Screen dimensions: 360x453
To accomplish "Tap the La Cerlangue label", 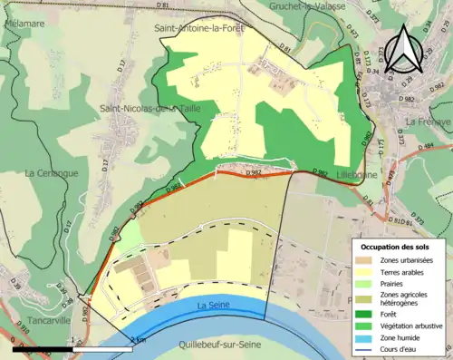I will point(52,172).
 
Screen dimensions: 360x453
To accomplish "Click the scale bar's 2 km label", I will point(138,339).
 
